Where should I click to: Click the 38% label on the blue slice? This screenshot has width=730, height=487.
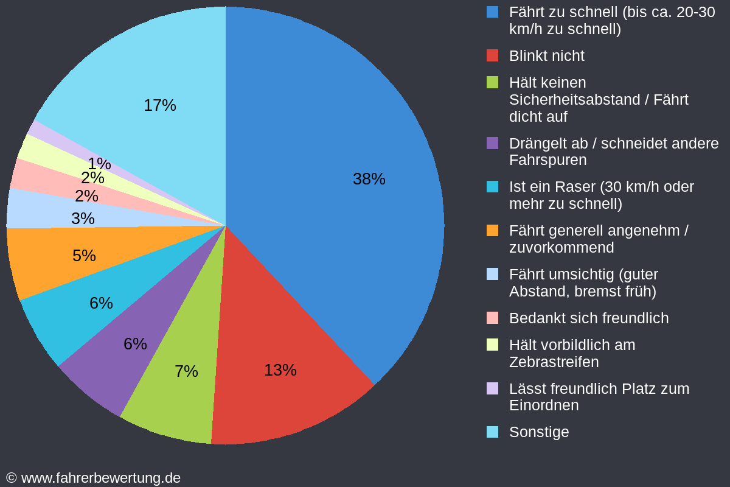coord(369,179)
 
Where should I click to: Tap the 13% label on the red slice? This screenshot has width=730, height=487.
coord(280,370)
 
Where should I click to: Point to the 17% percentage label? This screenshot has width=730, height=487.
coord(159,105)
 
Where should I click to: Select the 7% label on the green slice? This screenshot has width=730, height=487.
coord(186,371)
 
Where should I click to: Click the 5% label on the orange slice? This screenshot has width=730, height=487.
coord(84,256)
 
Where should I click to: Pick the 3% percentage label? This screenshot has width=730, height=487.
coord(83,219)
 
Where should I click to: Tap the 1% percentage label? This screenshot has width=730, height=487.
coord(99,164)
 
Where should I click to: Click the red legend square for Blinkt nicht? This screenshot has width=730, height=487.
coord(493,55)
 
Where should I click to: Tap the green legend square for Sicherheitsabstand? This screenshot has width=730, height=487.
coord(493,82)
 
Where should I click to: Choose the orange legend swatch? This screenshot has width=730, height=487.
coord(493,231)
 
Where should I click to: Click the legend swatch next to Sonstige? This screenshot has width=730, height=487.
coord(493,432)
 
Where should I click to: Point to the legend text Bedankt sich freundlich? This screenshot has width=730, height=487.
coord(588,318)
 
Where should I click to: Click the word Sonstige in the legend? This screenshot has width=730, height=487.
coord(539,432)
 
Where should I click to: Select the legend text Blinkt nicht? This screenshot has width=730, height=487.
coord(546,56)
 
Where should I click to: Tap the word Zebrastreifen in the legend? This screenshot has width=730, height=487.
coord(554,362)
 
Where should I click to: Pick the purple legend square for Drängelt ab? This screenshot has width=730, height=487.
coord(493,143)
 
